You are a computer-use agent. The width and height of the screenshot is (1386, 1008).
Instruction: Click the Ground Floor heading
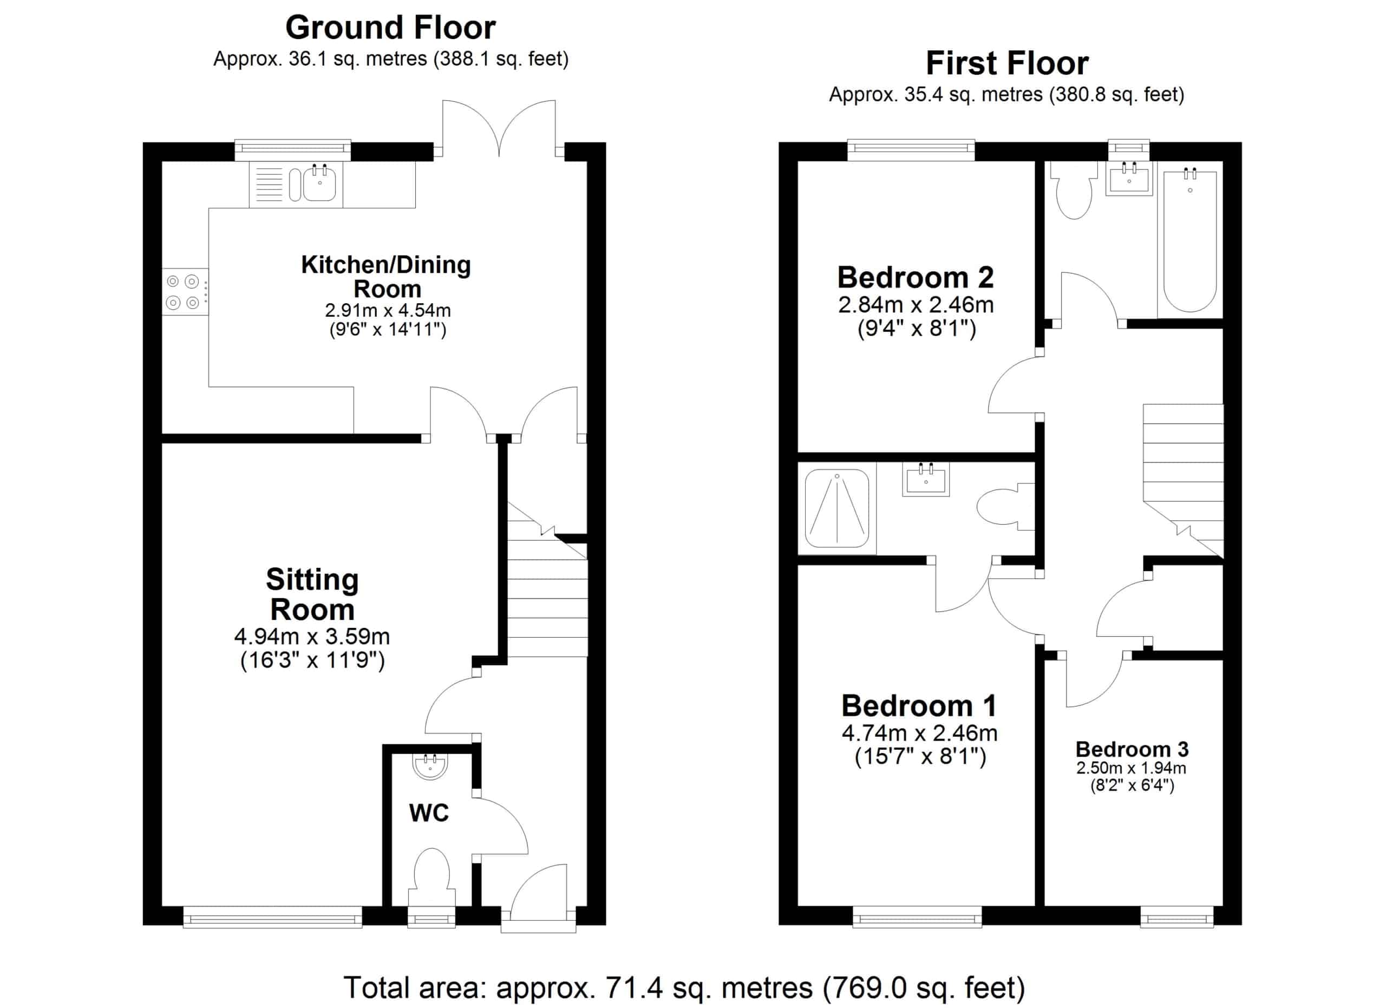coord(390,28)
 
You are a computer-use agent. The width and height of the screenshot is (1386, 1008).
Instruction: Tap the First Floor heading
coord(1007,63)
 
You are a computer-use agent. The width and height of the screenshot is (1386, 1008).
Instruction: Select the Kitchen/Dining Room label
coord(386,277)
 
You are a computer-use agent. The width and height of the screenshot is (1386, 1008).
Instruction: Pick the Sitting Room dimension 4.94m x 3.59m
coord(312,637)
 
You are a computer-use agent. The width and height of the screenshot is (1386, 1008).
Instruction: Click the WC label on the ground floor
coord(429,813)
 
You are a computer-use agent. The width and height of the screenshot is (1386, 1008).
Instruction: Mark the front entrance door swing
coord(539,892)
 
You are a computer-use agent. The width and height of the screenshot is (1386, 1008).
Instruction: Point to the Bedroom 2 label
coord(916,277)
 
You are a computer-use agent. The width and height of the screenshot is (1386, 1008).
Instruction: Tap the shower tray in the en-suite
coord(836,508)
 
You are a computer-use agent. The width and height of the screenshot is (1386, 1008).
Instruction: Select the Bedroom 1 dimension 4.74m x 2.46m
coord(919,732)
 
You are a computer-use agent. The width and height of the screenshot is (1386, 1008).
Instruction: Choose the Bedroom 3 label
coord(1132,749)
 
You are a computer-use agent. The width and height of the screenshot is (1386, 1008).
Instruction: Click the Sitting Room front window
coord(272,917)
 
